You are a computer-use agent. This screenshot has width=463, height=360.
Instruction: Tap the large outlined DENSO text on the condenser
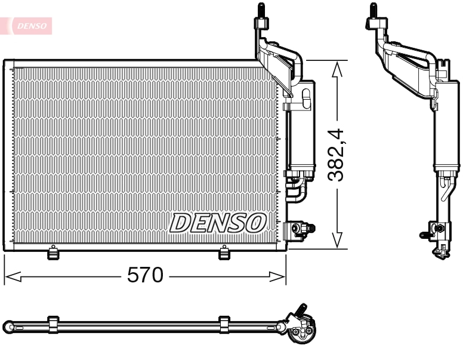click(218, 223)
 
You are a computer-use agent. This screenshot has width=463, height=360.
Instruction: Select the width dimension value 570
click(145, 275)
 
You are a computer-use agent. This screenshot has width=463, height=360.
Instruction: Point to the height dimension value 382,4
click(338, 155)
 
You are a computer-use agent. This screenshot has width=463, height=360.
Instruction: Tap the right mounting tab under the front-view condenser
click(224, 253)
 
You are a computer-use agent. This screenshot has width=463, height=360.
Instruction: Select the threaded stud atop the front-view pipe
click(261, 11)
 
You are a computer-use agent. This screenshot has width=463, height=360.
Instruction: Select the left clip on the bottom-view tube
click(53, 325)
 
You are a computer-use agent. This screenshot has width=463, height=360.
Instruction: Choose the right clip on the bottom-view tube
click(224, 325)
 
